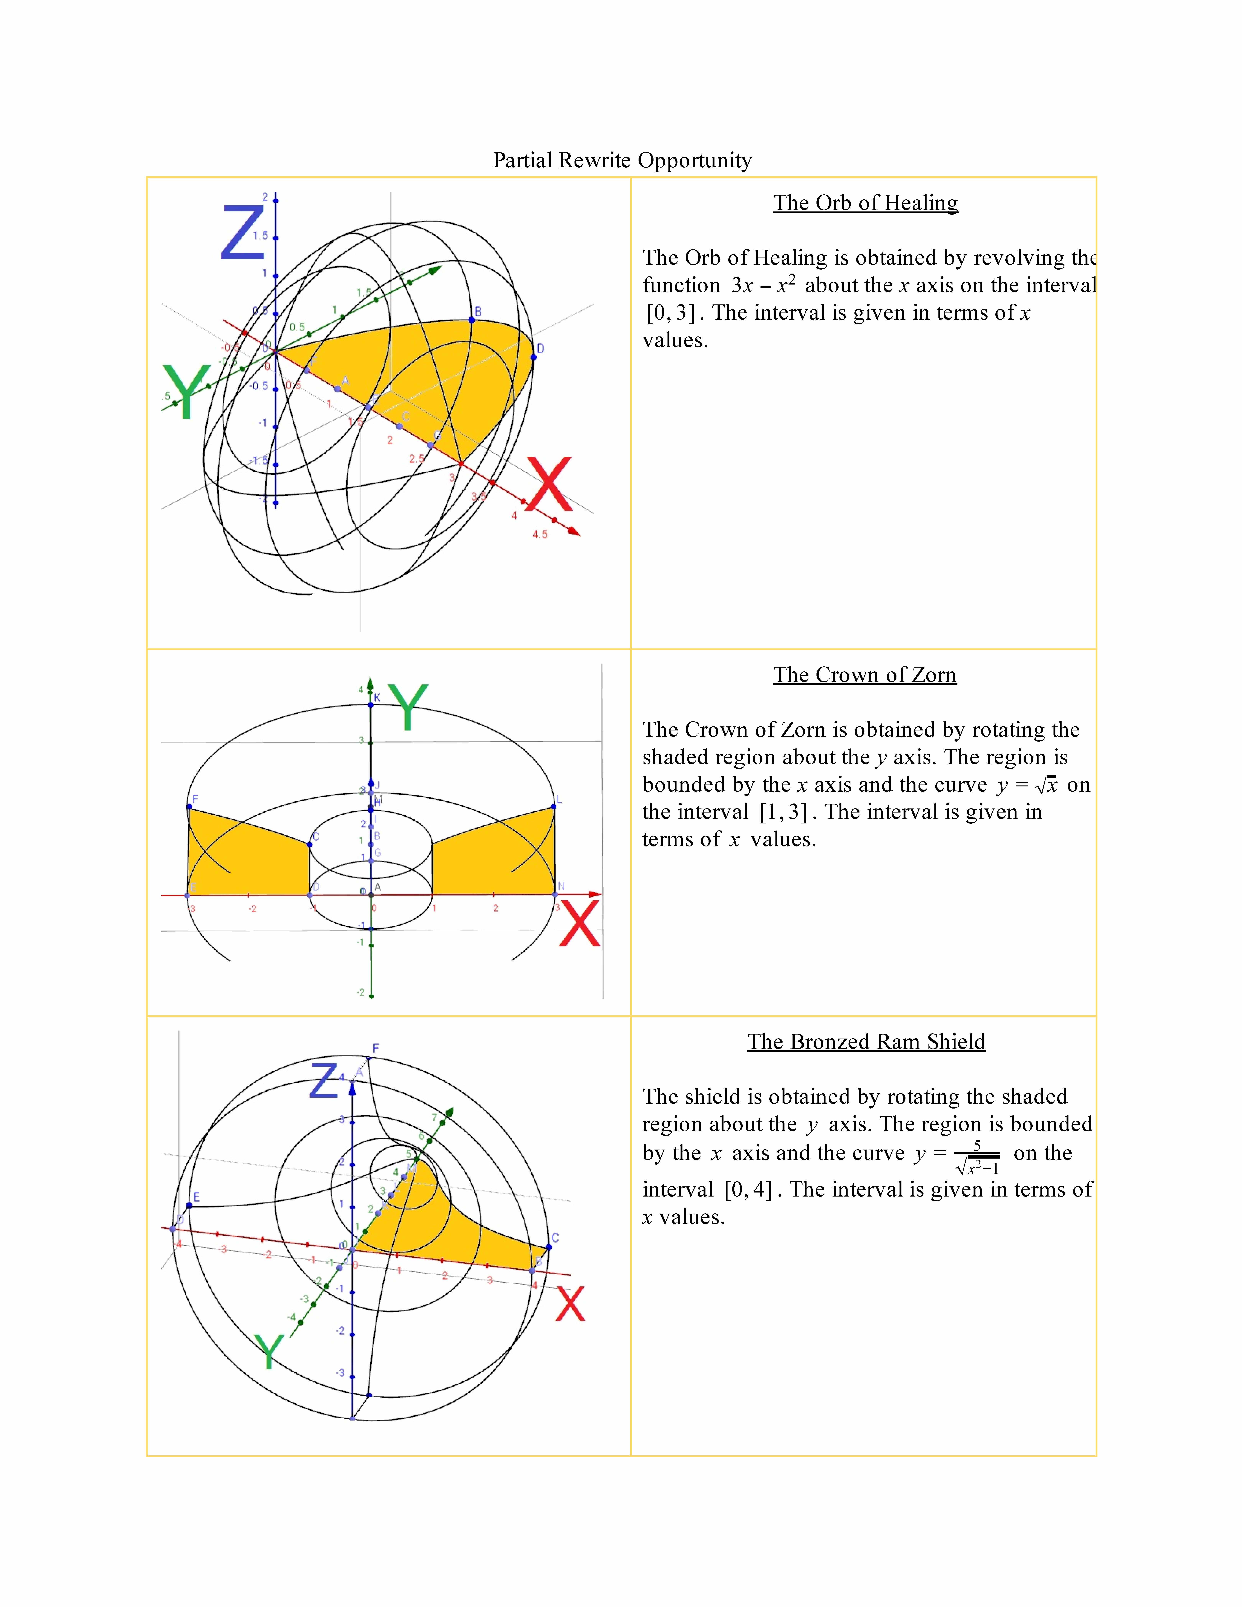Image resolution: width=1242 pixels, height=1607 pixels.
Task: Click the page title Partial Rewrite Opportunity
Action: [x=622, y=160]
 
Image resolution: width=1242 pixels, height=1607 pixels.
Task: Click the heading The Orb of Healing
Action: [x=865, y=203]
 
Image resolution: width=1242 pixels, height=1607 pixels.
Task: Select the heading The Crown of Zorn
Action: [x=865, y=675]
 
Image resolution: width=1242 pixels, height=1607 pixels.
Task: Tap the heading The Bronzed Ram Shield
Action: [x=866, y=1042]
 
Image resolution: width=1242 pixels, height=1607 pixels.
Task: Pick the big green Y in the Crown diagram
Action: [x=408, y=706]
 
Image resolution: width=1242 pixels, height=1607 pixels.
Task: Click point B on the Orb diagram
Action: [x=472, y=320]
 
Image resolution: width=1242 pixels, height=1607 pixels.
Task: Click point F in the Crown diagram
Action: [x=190, y=807]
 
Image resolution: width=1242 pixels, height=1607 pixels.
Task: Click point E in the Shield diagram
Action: [x=189, y=1205]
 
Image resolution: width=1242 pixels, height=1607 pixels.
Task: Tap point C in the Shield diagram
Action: [x=549, y=1246]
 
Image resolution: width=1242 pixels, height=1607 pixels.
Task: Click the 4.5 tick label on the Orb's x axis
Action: [x=540, y=534]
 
